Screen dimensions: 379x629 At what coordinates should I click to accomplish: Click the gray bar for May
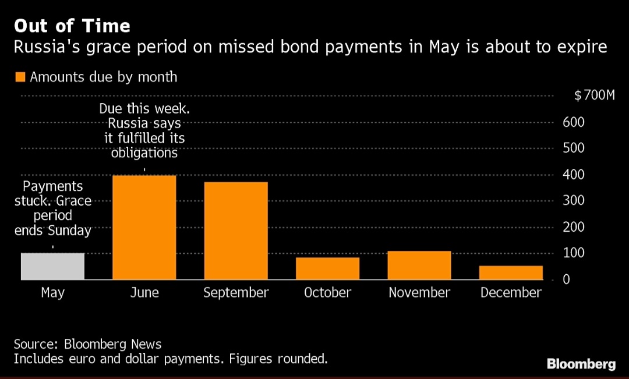52,267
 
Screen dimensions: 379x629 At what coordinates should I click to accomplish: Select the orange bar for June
144,228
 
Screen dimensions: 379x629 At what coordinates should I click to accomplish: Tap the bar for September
236,231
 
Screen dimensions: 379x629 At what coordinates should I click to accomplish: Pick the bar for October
327,268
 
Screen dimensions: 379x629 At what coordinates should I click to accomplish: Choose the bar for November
419,265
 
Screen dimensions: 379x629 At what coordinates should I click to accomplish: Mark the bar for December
511,272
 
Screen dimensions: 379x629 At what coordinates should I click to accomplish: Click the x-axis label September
236,292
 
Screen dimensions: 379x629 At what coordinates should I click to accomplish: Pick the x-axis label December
511,292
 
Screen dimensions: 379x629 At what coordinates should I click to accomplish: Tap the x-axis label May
52,292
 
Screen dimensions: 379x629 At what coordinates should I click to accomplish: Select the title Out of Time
72,26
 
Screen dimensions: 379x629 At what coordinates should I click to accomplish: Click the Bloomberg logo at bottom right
581,364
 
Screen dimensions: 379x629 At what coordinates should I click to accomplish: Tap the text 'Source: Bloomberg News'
87,343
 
